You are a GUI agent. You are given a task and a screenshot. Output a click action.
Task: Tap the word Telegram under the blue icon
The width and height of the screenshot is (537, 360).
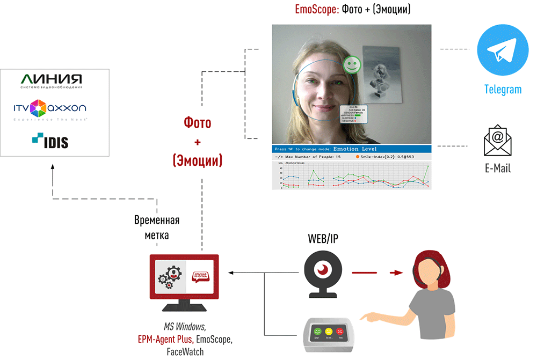click(x=503, y=90)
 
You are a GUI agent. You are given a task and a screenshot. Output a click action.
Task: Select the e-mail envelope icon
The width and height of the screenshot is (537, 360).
click(x=498, y=141)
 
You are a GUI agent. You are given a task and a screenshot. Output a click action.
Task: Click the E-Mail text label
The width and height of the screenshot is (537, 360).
click(x=498, y=168)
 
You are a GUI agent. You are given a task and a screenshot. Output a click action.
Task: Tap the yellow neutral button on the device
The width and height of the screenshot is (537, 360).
click(x=329, y=332)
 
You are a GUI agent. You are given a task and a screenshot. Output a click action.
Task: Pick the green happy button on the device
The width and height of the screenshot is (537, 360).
click(x=317, y=332)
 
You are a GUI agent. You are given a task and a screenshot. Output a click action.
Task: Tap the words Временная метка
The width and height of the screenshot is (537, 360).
click(x=156, y=227)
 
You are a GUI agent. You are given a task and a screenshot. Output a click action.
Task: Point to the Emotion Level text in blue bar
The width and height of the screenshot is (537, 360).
click(x=355, y=149)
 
